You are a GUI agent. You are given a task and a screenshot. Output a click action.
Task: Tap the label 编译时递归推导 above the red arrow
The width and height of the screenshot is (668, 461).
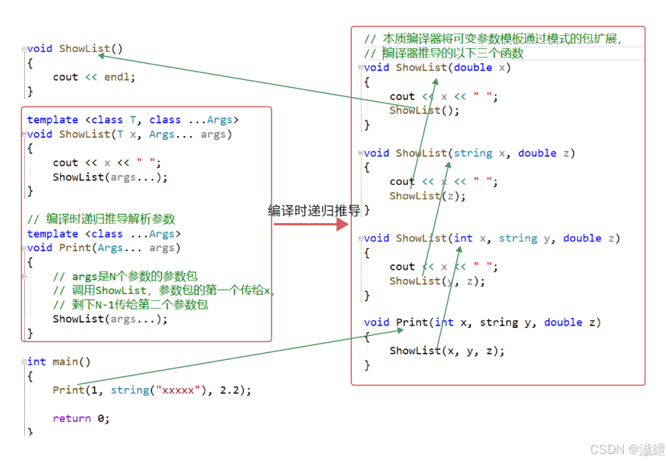(x=315, y=210)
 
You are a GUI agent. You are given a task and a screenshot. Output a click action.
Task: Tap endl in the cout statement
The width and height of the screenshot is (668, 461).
(x=119, y=77)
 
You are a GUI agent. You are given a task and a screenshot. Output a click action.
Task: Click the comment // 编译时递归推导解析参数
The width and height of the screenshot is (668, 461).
(x=101, y=219)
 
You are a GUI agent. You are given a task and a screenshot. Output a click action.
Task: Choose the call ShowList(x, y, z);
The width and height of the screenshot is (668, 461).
(x=447, y=351)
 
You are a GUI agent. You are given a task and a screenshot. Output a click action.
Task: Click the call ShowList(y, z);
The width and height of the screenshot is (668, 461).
(x=437, y=281)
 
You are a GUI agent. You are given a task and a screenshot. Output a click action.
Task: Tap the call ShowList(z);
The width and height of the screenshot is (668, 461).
(x=427, y=196)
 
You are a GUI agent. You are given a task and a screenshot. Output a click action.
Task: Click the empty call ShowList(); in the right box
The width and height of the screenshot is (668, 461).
(x=424, y=110)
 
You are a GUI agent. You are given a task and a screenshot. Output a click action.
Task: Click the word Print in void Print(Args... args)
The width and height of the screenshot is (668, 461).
(x=75, y=248)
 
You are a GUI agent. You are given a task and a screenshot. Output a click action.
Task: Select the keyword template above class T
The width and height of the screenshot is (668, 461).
(x=52, y=120)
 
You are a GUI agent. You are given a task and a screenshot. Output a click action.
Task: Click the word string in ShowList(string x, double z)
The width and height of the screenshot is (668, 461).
(x=473, y=153)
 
